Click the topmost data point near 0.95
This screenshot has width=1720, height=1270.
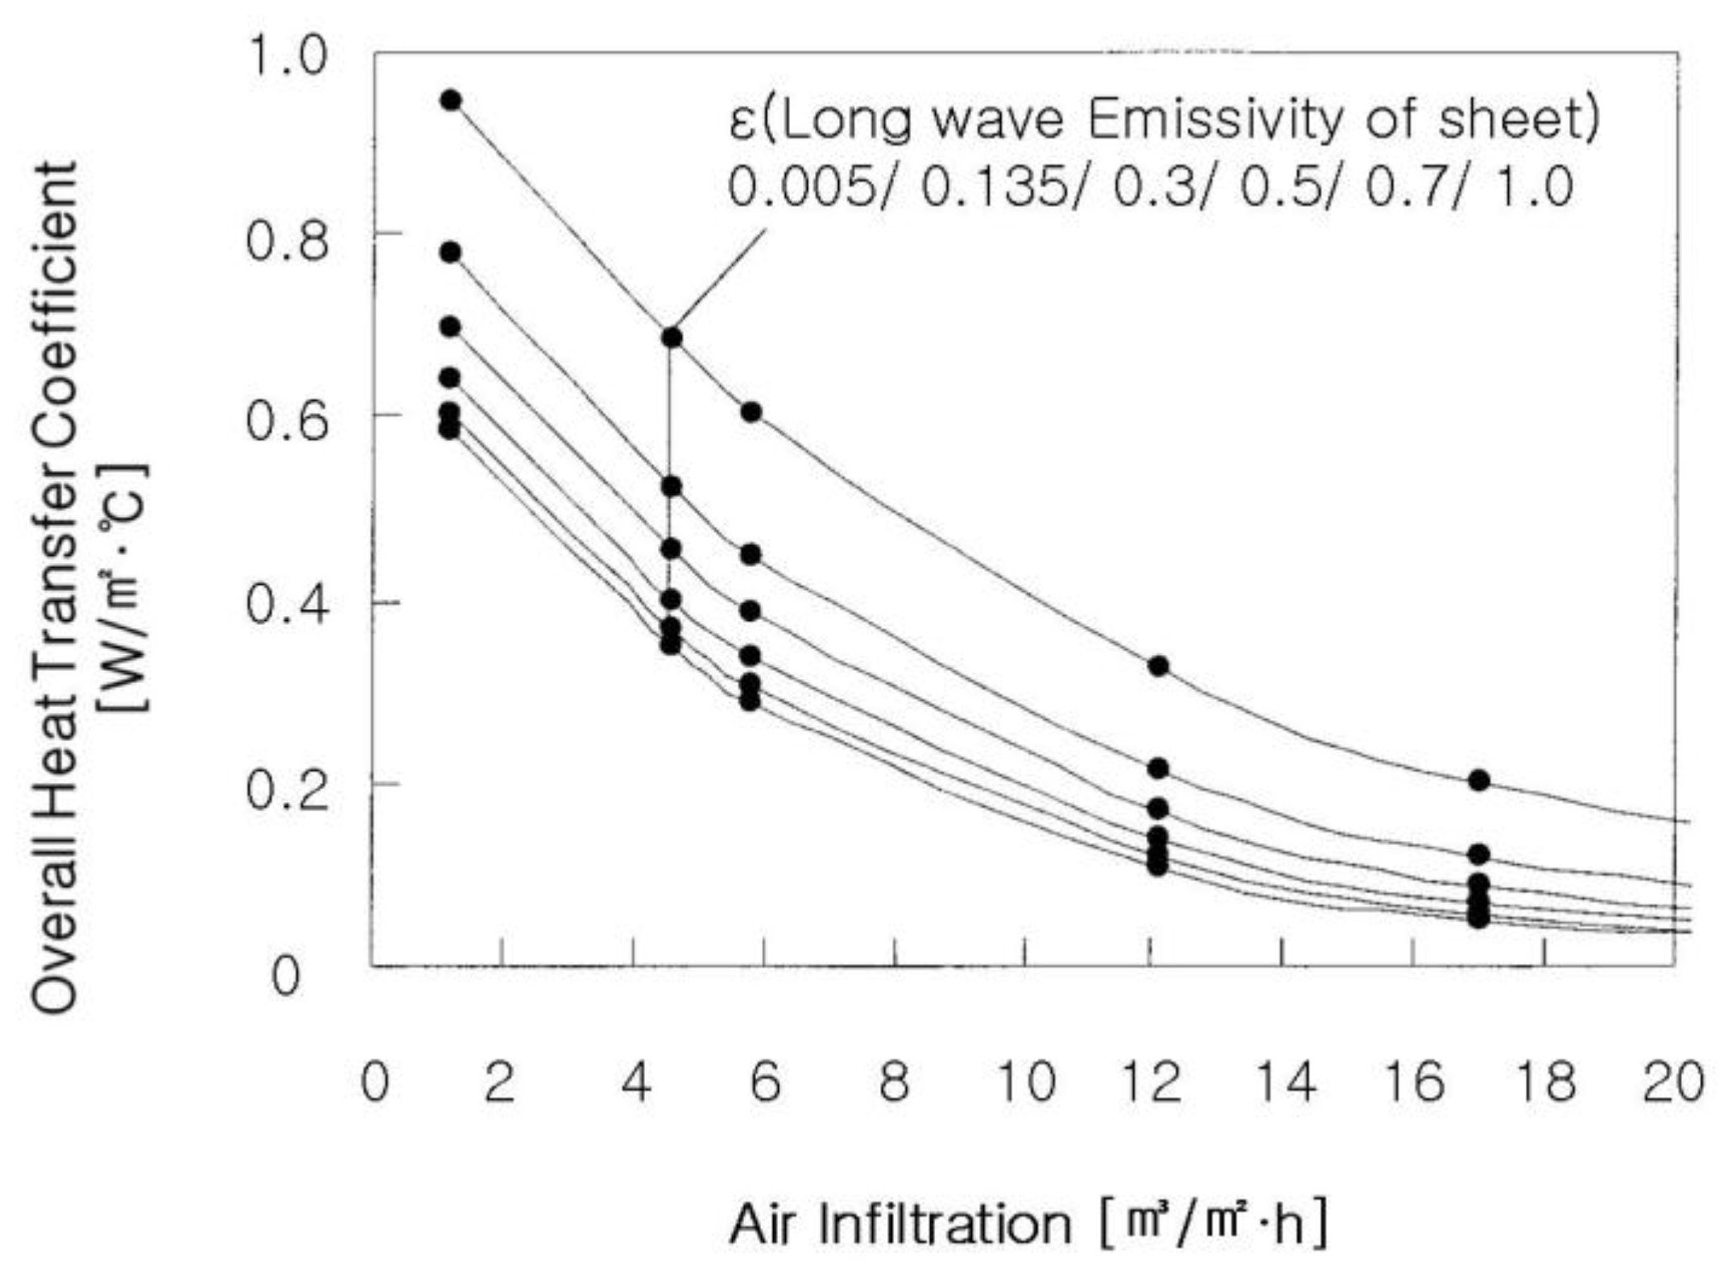click(x=451, y=101)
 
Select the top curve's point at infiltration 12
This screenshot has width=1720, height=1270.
click(x=1158, y=666)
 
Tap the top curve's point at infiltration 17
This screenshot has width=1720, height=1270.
click(x=1478, y=780)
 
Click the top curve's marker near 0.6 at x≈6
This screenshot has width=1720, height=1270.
click(x=750, y=412)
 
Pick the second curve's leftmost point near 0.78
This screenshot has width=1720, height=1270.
click(x=451, y=253)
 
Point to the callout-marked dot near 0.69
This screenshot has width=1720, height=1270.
click(x=672, y=337)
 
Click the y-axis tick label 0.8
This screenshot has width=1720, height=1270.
click(x=287, y=240)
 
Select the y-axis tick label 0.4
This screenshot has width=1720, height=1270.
click(x=287, y=604)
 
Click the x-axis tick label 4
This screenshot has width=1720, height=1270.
click(x=636, y=1082)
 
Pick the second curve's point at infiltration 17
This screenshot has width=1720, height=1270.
click(x=1478, y=854)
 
